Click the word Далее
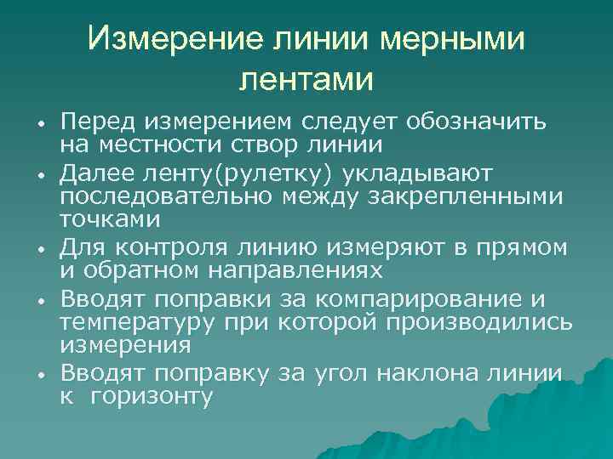coord(99,173)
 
